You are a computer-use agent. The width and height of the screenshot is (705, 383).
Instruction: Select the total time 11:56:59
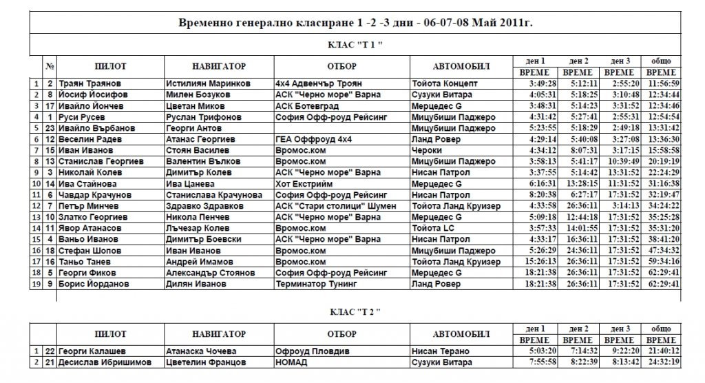(664, 83)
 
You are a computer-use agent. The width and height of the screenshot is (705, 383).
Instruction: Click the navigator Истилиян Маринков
(202, 83)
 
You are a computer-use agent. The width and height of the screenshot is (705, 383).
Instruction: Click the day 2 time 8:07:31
(578, 150)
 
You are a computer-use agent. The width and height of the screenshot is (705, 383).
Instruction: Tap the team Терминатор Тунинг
(313, 284)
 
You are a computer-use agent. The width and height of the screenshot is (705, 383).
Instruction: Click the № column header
(50, 67)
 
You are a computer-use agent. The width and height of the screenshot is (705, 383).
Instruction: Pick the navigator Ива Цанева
(190, 184)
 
